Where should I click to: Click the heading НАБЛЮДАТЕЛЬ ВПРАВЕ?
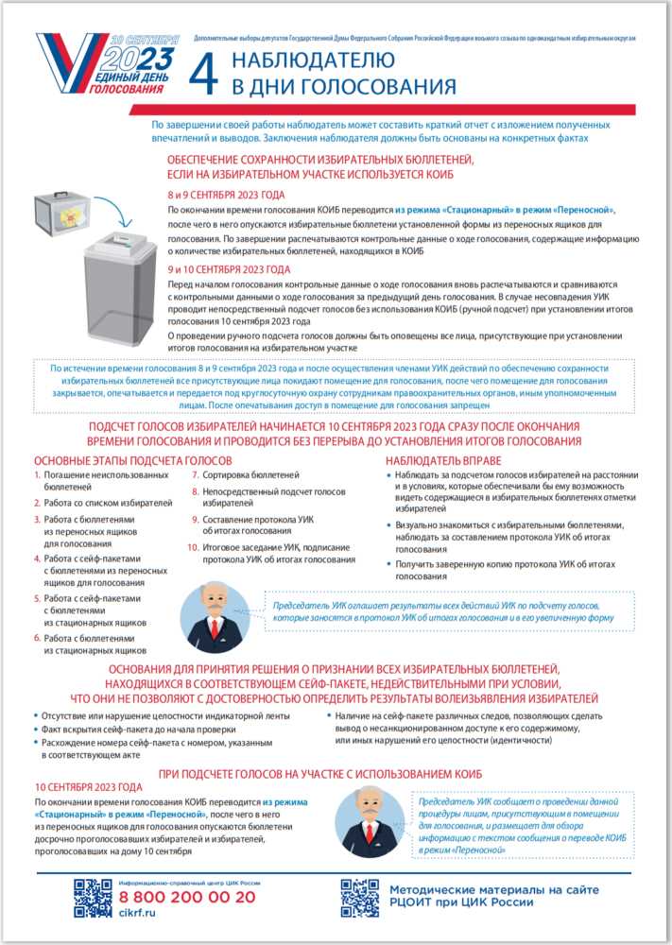438,459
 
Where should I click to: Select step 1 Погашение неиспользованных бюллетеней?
98,480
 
